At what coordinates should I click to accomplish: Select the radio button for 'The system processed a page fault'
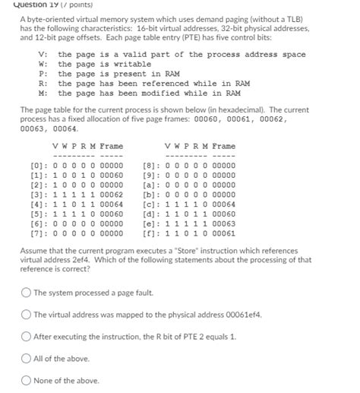[27, 292]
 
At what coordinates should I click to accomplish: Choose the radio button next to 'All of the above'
[27, 358]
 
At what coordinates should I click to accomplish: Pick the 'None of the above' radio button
[27, 380]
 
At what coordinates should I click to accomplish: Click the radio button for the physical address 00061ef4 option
[27, 314]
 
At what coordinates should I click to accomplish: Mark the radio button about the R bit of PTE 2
[27, 336]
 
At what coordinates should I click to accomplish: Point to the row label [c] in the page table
[150, 203]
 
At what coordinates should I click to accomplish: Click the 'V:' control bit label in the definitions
[43, 55]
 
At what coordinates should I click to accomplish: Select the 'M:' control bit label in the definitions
[43, 94]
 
